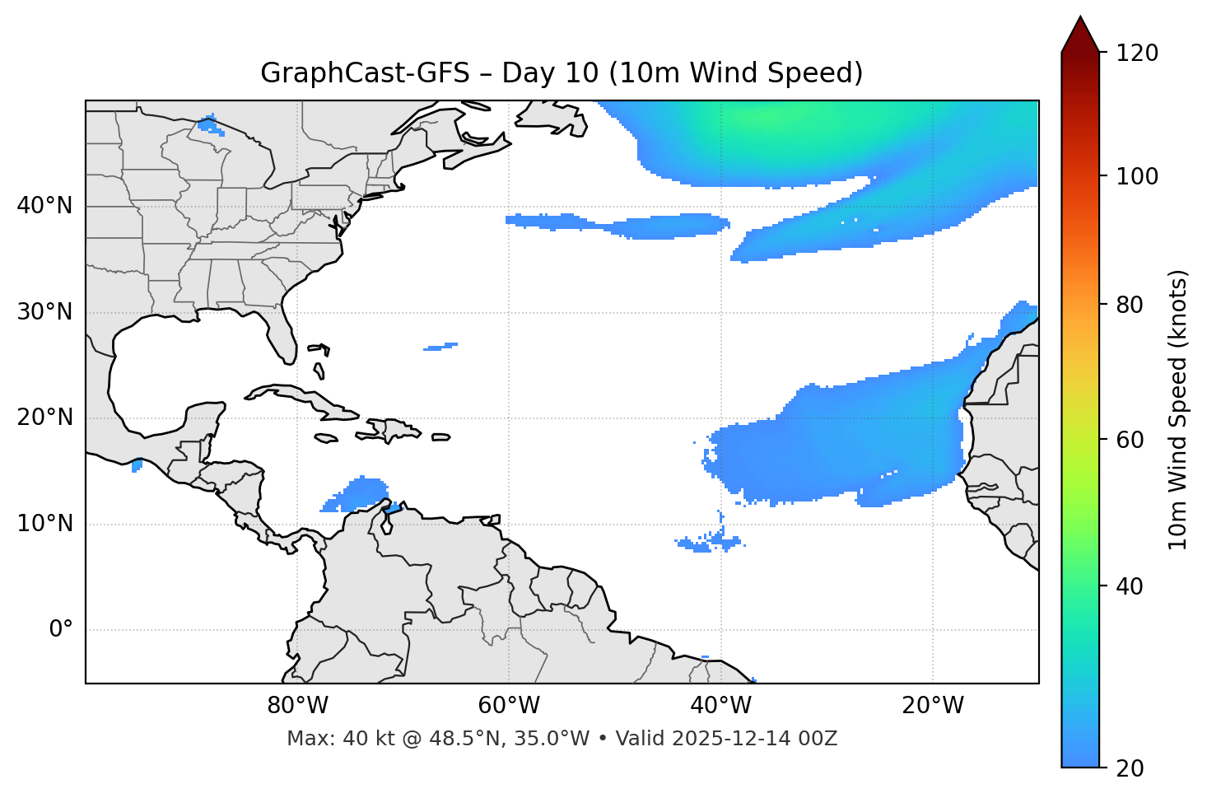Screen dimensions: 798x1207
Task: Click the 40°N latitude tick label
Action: [x=44, y=206]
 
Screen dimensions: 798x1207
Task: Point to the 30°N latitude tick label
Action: [x=44, y=312]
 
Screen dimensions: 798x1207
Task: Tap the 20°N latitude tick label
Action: [x=44, y=418]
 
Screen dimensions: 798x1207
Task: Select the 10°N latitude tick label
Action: [x=44, y=524]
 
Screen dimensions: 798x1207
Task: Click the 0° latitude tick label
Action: [x=61, y=630]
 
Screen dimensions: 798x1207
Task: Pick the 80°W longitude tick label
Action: [x=297, y=706]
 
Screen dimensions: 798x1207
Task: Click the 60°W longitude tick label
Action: [x=509, y=706]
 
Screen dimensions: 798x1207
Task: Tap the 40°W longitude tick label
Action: [x=721, y=706]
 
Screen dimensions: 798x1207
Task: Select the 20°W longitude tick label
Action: [x=933, y=706]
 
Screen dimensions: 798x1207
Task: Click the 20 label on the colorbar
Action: [x=1129, y=768]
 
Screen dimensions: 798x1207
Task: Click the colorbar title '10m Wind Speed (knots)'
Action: [x=1178, y=409]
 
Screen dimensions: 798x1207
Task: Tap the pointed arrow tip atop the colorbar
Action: [x=1080, y=20]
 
